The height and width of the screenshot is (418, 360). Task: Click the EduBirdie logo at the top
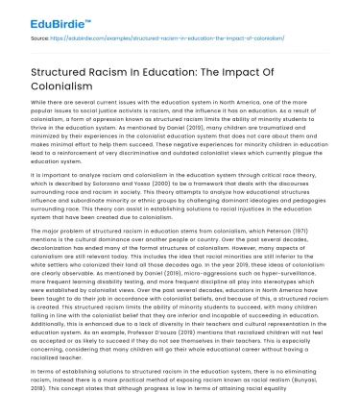click(36, 14)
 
